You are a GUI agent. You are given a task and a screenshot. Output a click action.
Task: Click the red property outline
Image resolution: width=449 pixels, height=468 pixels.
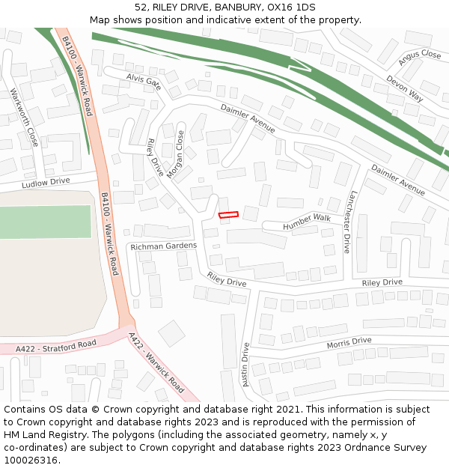pyautogui.click(x=228, y=215)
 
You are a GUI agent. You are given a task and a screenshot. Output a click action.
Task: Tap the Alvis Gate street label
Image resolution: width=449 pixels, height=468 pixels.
pyautogui.click(x=144, y=81)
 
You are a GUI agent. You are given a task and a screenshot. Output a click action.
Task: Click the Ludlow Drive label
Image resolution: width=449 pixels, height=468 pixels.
pyautogui.click(x=46, y=183)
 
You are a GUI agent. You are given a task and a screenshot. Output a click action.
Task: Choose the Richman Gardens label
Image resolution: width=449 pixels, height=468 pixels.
pyautogui.click(x=163, y=246)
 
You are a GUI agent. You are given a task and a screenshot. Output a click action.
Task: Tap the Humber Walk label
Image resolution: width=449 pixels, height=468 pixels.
pyautogui.click(x=306, y=222)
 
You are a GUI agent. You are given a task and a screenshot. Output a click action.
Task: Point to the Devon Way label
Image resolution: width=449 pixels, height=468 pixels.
pyautogui.click(x=405, y=88)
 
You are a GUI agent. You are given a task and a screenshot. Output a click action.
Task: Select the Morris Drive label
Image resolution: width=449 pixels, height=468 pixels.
pyautogui.click(x=349, y=342)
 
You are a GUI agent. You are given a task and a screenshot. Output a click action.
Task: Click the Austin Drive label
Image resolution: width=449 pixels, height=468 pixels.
pyautogui.click(x=245, y=365)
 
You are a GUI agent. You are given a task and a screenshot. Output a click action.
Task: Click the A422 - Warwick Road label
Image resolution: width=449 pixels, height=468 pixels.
pyautogui.click(x=156, y=362)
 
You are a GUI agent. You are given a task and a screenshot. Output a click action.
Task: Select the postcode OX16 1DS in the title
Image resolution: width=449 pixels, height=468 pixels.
pyautogui.click(x=292, y=7)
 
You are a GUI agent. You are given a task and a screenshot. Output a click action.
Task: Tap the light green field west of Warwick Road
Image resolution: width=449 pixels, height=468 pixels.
pyautogui.click(x=45, y=222)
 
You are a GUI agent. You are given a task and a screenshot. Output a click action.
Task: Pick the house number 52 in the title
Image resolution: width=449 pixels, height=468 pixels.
pyautogui.click(x=141, y=7)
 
